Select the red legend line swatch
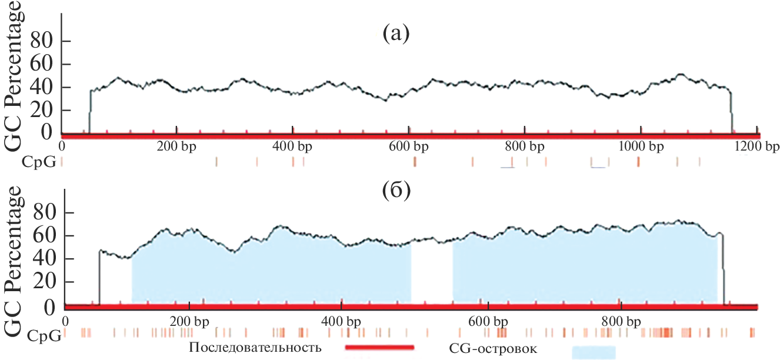tap(379, 348)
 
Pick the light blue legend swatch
tap(594, 352)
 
